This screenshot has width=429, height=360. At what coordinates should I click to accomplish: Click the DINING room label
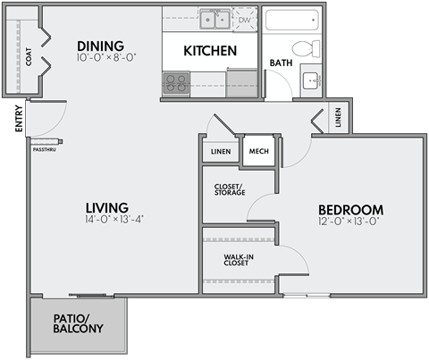pos(99,46)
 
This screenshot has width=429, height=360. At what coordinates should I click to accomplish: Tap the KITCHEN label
pos(210,51)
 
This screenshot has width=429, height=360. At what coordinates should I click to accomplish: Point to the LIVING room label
pos(107,206)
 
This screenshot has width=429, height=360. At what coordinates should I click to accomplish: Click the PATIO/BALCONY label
pos(78,322)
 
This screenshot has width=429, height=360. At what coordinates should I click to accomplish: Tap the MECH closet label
pos(258,151)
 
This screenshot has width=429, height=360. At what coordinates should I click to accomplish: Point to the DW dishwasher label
pos(243,18)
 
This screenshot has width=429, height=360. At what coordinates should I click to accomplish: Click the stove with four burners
pos(176,83)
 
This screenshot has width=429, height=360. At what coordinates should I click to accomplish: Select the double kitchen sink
pos(214,18)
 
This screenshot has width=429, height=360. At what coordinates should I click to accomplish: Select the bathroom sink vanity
pos(312,80)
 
